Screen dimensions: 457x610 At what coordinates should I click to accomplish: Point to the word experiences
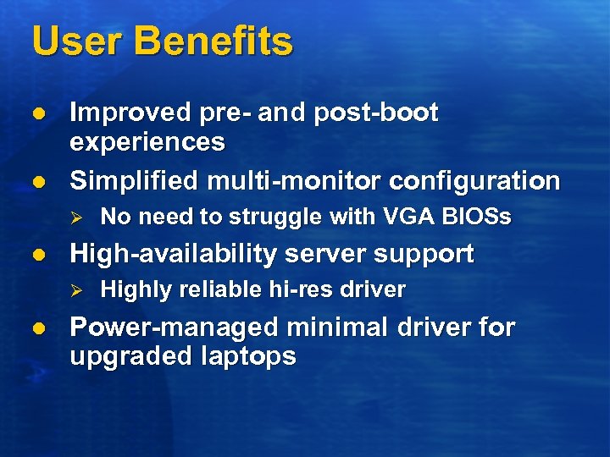point(147,141)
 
